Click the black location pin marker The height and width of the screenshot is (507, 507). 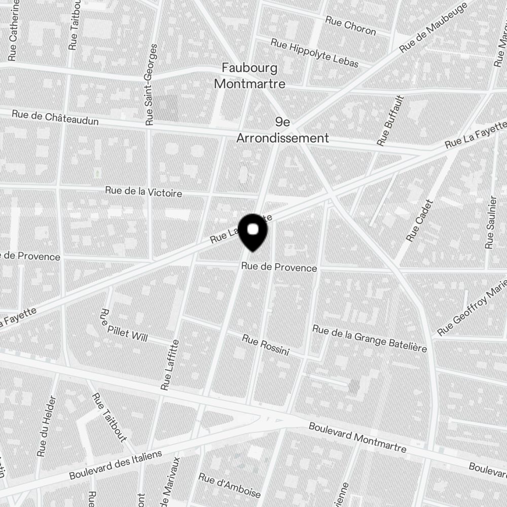(252, 232)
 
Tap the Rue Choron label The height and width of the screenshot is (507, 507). (350, 26)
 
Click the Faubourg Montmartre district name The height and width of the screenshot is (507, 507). (249, 76)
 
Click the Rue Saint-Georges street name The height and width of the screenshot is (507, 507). (151, 85)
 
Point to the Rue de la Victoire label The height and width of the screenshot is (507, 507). (143, 192)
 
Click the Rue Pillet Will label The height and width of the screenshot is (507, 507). (123, 325)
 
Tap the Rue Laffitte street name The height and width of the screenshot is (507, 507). (170, 365)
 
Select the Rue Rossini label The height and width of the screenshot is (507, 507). (265, 345)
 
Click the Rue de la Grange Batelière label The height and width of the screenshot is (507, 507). (369, 338)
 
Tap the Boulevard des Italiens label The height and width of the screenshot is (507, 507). (116, 464)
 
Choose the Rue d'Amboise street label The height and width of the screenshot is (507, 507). (229, 486)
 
